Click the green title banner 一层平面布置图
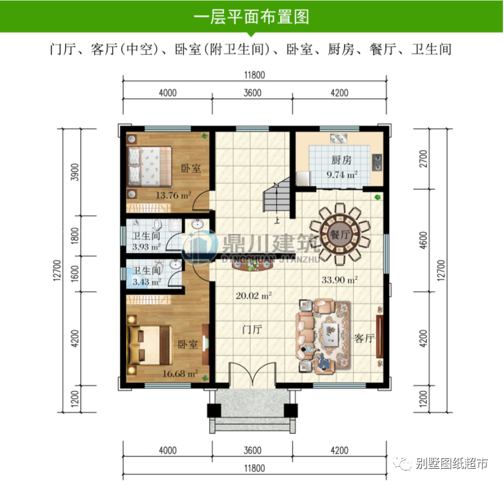click(252, 17)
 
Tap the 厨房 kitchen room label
click(341, 161)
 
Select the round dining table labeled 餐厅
click(340, 235)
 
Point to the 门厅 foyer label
click(251, 330)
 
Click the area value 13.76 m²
click(174, 195)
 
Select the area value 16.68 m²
click(180, 373)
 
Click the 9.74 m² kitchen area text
click(341, 175)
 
